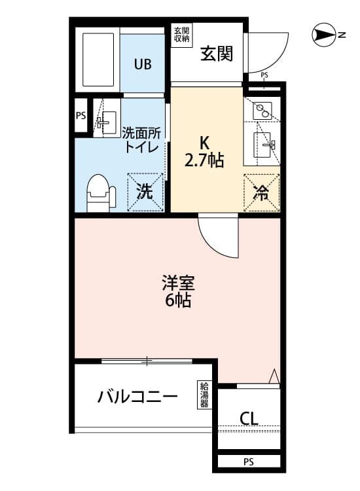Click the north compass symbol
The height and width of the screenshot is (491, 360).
(325, 35)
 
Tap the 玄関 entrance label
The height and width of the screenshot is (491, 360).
(217, 54)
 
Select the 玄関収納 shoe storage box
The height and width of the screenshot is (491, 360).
(181, 35)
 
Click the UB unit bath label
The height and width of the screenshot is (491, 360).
(143, 64)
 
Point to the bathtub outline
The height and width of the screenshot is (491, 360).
(98, 60)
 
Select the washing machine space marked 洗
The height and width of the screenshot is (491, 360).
(145, 192)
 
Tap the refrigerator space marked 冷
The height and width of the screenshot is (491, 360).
(261, 192)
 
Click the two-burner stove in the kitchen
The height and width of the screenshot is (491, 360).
(262, 111)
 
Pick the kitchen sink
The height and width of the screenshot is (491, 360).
(262, 145)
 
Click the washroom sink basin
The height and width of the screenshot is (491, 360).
(107, 122)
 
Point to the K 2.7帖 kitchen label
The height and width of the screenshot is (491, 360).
(204, 153)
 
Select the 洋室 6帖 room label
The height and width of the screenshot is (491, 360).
(178, 291)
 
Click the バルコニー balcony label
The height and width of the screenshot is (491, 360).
(137, 397)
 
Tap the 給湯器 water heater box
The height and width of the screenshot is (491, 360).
(204, 395)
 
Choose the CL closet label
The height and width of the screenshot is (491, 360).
(249, 418)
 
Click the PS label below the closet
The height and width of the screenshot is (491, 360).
(249, 462)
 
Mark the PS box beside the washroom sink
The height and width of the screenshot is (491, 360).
(81, 115)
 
